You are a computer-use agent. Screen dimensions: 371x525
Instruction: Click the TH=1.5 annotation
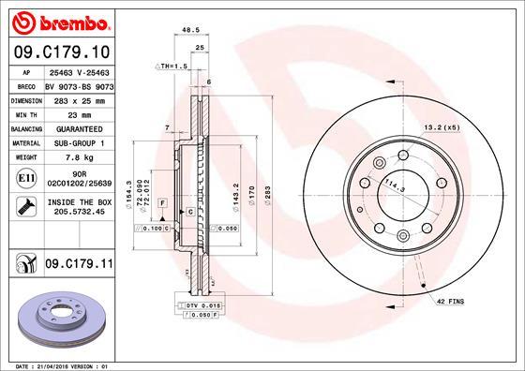(x=172, y=67)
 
